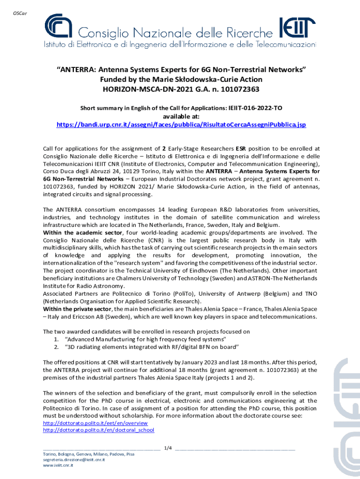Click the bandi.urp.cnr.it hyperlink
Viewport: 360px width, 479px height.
point(181,125)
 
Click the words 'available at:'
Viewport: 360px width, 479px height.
point(181,116)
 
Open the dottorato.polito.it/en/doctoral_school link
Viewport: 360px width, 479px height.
point(98,430)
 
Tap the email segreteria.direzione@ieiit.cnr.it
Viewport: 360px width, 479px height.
point(74,460)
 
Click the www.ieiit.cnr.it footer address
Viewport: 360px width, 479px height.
point(58,466)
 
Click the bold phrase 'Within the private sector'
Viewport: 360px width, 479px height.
point(77,309)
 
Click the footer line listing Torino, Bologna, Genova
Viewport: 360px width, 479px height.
point(88,454)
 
